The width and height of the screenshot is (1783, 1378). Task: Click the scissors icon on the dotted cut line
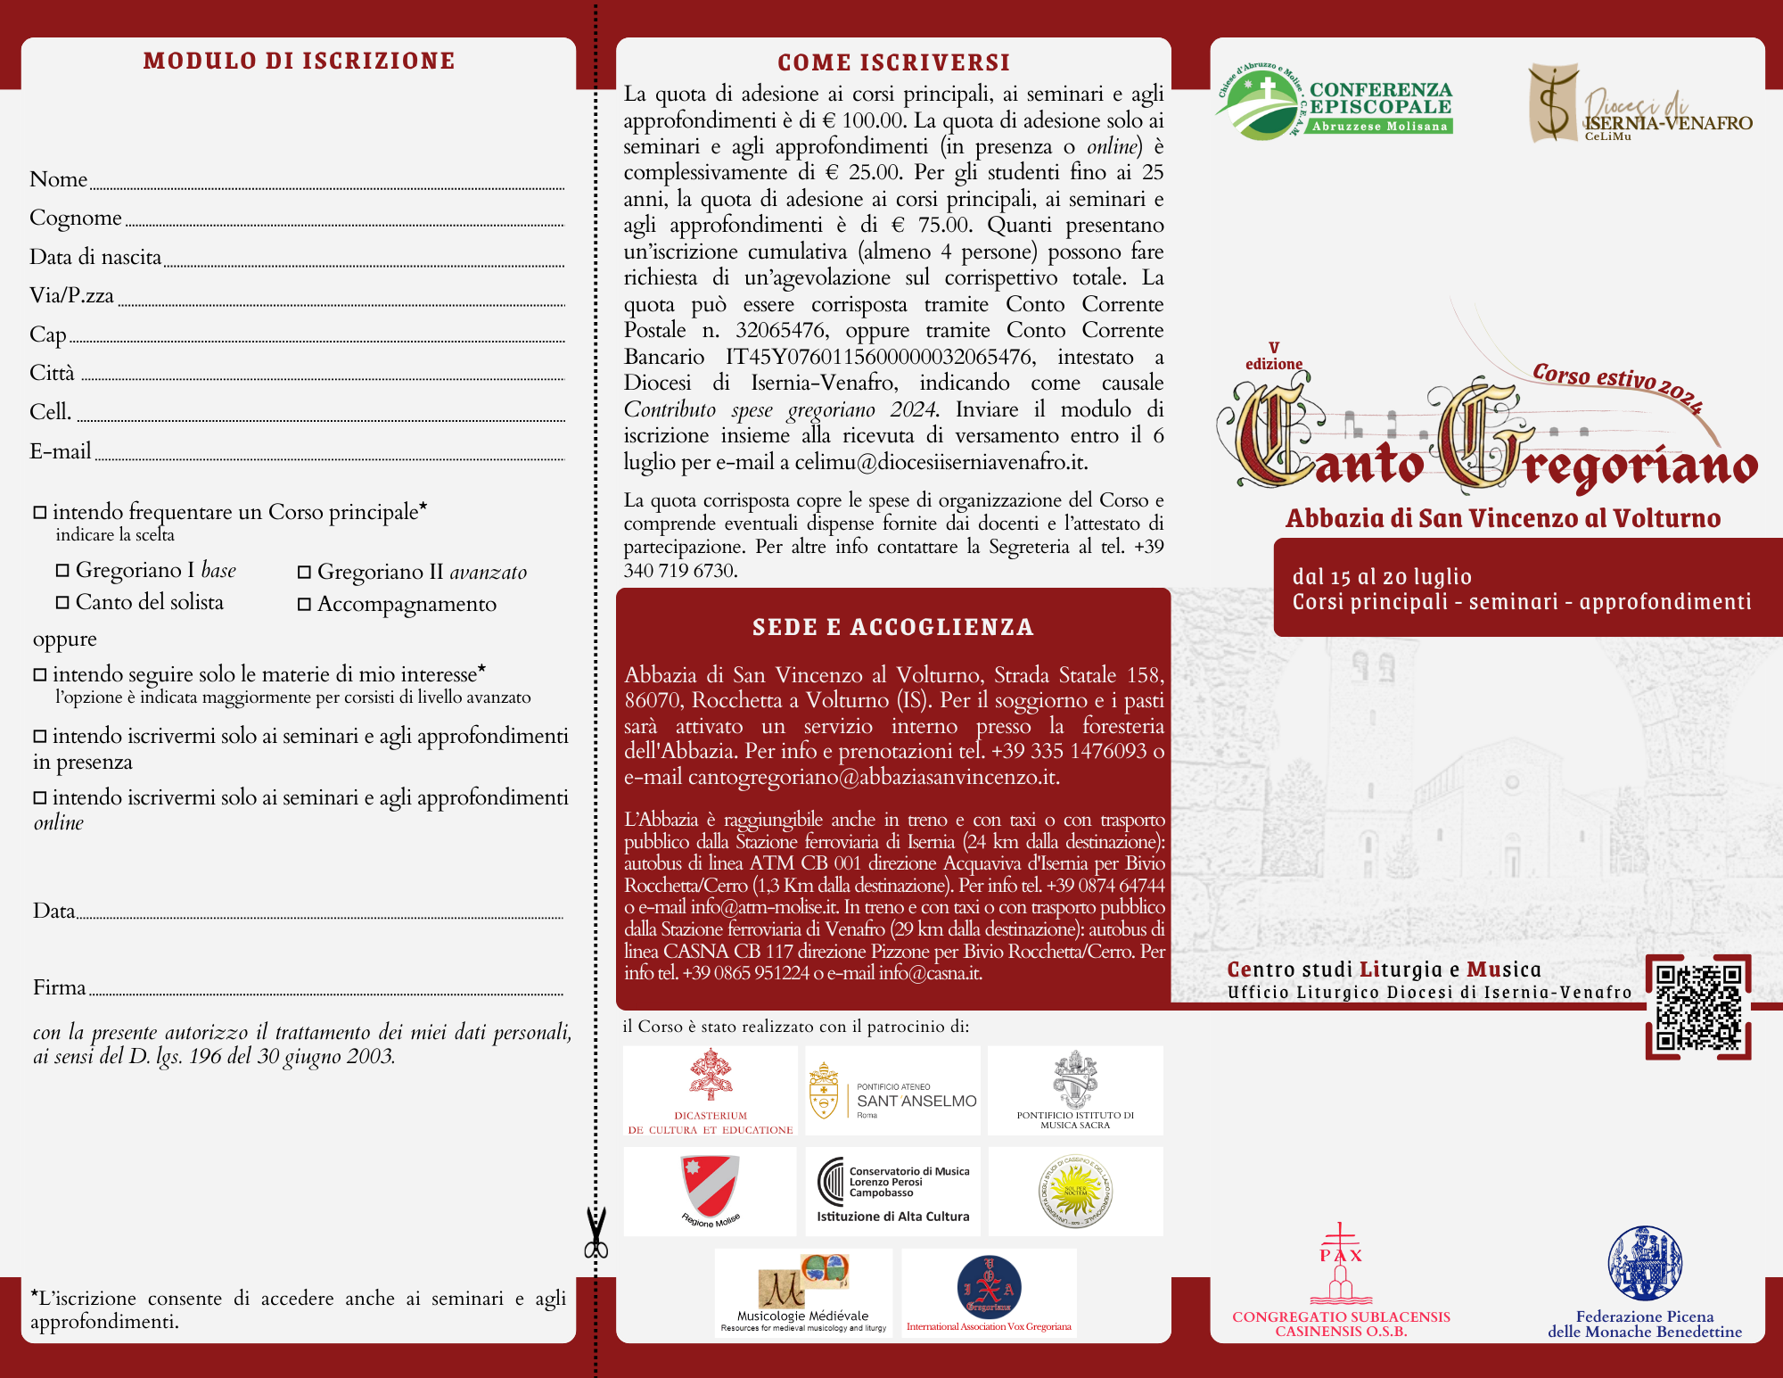pos(596,1234)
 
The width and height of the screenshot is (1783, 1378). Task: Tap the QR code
pos(1698,1007)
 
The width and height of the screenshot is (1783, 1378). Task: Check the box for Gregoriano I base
pos(62,571)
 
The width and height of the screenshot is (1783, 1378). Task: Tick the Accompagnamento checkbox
pos(304,605)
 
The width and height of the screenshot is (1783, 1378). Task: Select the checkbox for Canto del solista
pos(62,603)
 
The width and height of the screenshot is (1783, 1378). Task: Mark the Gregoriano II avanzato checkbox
pos(304,573)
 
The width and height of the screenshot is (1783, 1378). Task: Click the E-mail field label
pos(60,451)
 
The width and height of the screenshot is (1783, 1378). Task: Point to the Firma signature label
pos(59,987)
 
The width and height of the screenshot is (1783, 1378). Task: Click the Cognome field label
pos(75,218)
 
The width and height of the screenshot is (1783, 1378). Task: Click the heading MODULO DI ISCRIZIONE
pos(299,61)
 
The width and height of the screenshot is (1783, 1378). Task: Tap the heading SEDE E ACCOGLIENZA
pos(892,627)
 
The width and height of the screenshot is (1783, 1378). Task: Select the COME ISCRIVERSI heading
pos(893,62)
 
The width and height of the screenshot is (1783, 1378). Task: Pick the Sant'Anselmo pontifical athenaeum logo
pos(892,1091)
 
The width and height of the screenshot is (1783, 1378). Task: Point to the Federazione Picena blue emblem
pos(1645,1262)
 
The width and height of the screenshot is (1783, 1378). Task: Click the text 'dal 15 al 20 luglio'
pos(1382,577)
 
